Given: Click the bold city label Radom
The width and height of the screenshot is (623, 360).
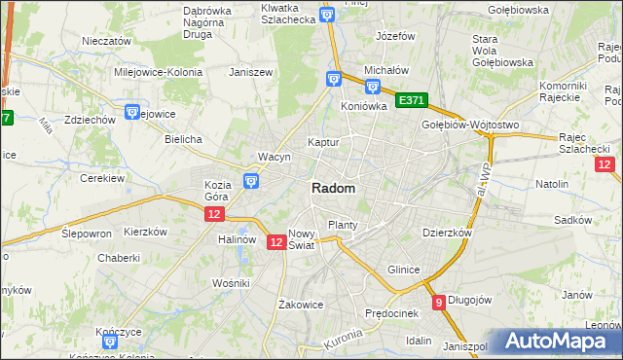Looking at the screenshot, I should [333, 189].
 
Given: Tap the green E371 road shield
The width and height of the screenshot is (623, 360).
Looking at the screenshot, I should [411, 100].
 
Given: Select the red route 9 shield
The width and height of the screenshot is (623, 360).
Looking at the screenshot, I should [439, 302].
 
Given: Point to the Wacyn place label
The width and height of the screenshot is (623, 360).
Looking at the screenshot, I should [275, 157].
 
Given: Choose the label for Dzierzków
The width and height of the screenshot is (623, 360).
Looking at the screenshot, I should [447, 234].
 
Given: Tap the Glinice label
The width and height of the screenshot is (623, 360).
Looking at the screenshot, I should [403, 270].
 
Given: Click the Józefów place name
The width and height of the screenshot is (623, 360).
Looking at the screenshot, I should [395, 36].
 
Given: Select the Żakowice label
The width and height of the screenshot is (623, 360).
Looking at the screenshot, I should [300, 304].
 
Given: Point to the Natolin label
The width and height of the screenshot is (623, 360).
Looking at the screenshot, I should [552, 183].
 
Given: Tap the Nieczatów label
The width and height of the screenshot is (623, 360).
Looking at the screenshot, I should [107, 42].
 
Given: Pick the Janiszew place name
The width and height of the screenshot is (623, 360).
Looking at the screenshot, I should [248, 72].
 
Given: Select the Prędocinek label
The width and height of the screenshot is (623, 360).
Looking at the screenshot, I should [391, 313].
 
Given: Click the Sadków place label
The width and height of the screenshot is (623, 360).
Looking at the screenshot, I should [573, 221].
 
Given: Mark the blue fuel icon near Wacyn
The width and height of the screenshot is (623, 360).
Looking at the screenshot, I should [251, 180].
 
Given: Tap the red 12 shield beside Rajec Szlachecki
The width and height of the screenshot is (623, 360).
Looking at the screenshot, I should [605, 164].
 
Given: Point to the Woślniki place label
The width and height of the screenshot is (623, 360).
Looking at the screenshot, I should [232, 282].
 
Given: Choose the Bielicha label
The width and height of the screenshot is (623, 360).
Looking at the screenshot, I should [183, 139].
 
